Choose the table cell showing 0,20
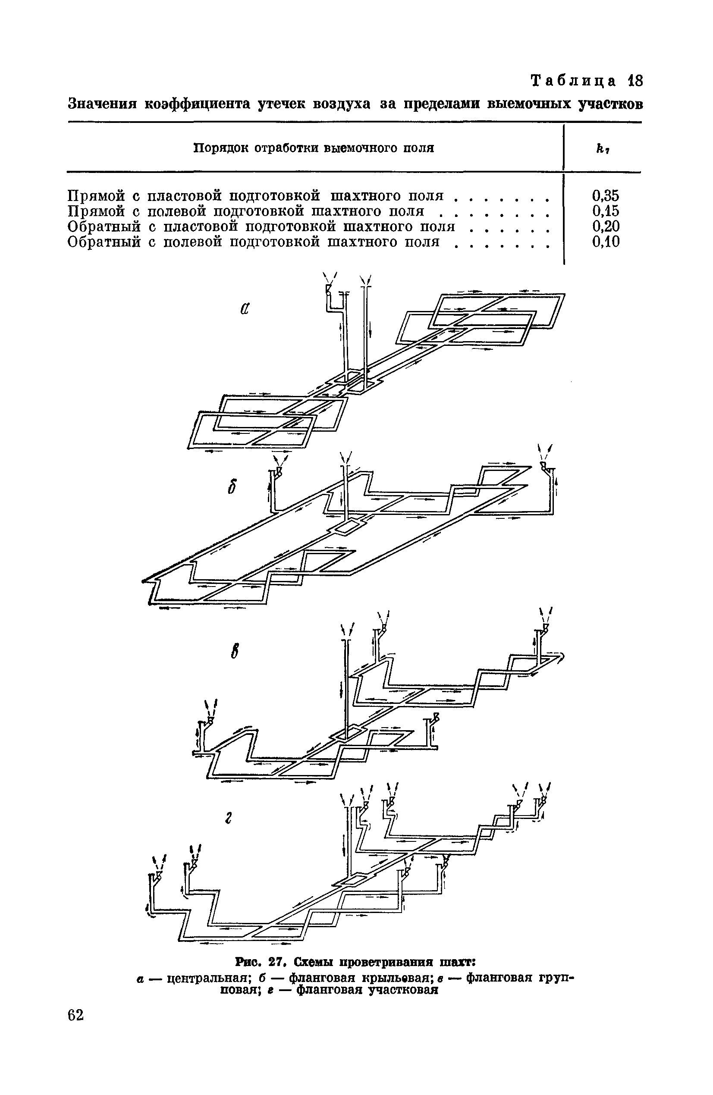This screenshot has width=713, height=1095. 605,226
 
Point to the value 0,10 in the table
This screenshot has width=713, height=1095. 605,241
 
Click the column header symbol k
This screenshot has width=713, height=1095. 601,149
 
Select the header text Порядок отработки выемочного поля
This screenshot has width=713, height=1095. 314,148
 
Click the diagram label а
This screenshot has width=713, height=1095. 244,309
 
